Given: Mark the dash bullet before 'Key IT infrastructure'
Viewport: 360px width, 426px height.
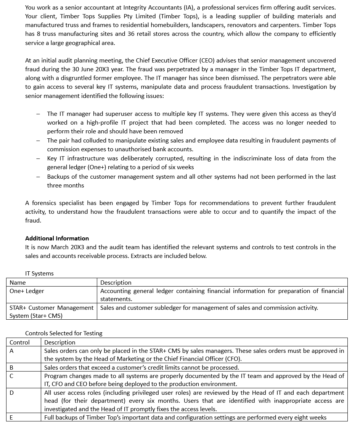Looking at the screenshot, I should (38, 159).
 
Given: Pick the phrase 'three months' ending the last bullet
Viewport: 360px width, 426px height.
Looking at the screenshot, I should (66, 186).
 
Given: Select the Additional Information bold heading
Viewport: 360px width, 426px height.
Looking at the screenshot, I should (57, 239).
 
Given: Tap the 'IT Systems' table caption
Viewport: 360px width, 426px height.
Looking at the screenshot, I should (39, 274).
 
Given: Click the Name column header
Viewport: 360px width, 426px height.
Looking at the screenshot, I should (18, 283).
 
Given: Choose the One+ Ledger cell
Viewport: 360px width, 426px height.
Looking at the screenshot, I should (27, 291).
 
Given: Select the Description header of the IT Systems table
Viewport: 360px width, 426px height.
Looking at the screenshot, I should (116, 283).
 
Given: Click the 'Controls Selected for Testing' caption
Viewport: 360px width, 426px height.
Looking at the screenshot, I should (64, 333).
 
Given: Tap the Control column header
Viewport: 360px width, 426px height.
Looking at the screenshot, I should (19, 342).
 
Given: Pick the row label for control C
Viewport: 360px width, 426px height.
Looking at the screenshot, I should (11, 376).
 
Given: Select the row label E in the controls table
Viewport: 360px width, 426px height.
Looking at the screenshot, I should (11, 418).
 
